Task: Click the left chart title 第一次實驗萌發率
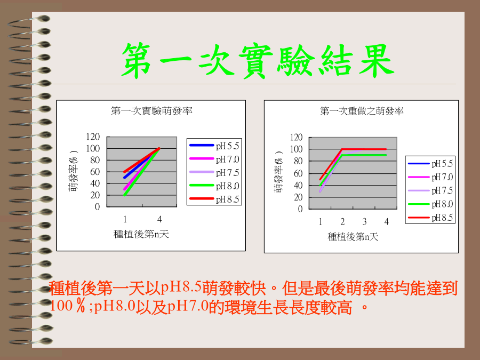coord(151,110)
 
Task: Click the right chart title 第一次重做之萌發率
coord(362,111)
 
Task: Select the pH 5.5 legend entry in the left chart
coord(214,146)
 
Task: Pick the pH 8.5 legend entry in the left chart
coord(214,199)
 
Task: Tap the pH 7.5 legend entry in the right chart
coord(430,191)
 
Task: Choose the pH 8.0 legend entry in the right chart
coord(430,204)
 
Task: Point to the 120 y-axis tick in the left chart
coord(93,137)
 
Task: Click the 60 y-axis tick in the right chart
coord(298,173)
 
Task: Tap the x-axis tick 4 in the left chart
coord(159,219)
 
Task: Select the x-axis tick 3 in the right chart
coord(364,221)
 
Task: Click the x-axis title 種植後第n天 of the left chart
coord(141,234)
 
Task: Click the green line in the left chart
coord(142,172)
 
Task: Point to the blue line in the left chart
coord(142,163)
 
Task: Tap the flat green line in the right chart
coord(364,155)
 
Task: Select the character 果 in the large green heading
coord(376,60)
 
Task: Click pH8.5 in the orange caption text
coord(181,287)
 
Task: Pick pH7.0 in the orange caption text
coord(188,306)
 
